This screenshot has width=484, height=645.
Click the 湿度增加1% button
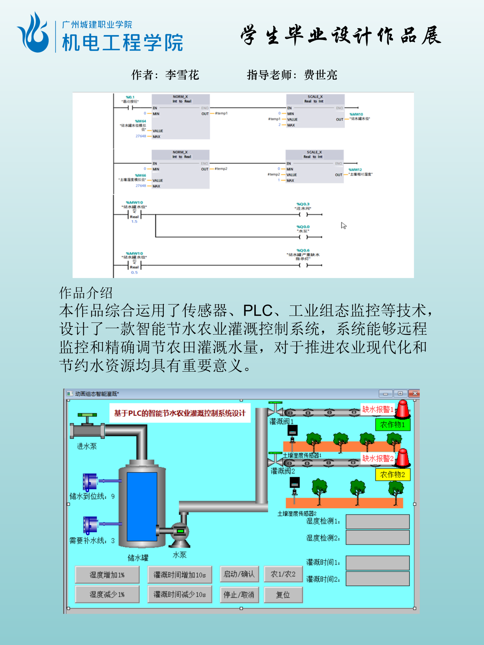pyautogui.click(x=107, y=575)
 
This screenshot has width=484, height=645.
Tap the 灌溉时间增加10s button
pyautogui.click(x=180, y=575)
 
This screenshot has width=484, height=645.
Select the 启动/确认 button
pyautogui.click(x=239, y=574)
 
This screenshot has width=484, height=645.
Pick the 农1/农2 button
pyautogui.click(x=283, y=574)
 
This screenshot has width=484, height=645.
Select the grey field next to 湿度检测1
pyautogui.click(x=377, y=522)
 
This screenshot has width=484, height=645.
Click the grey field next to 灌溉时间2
pyautogui.click(x=377, y=579)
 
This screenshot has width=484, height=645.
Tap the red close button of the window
pyautogui.click(x=415, y=394)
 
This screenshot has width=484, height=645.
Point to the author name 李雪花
pyautogui.click(x=182, y=75)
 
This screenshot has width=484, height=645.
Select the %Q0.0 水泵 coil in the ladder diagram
pyautogui.click(x=303, y=237)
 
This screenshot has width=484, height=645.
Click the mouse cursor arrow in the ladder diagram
pyautogui.click(x=344, y=225)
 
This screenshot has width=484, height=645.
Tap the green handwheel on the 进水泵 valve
pyautogui.click(x=87, y=415)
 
